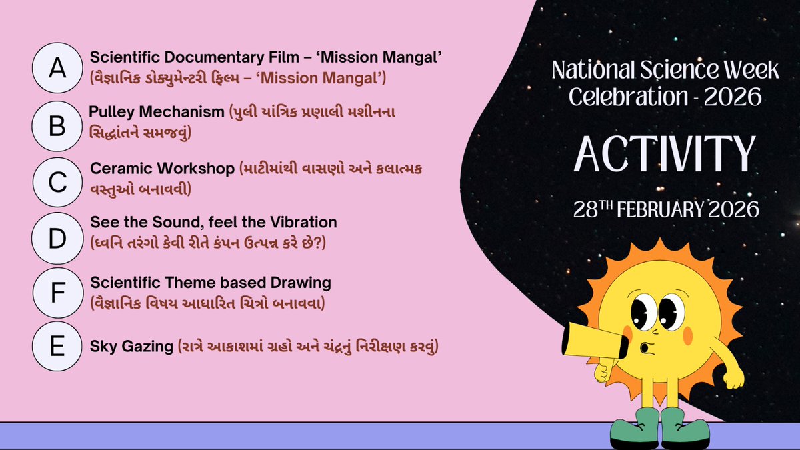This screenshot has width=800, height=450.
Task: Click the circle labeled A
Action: tap(58, 69)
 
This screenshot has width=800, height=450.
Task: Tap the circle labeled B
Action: tap(58, 125)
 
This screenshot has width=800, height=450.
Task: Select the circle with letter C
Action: tap(58, 181)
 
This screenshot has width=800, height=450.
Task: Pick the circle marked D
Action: tap(58, 237)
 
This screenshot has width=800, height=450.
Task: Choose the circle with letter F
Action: tap(58, 292)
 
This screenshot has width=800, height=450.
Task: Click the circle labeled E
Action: tap(58, 347)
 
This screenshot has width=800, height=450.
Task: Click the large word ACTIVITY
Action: tap(665, 153)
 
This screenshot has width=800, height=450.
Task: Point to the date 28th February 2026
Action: tap(666, 209)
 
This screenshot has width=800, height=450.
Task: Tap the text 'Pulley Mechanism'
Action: tap(157, 112)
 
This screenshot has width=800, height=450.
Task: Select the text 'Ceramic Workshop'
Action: tap(163, 168)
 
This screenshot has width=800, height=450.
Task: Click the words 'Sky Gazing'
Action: tap(131, 347)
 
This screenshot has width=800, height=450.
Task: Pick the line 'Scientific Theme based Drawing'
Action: tap(210, 283)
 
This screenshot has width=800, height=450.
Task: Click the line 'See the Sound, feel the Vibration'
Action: tap(213, 221)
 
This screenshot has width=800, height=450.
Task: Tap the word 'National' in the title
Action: tap(588, 69)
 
